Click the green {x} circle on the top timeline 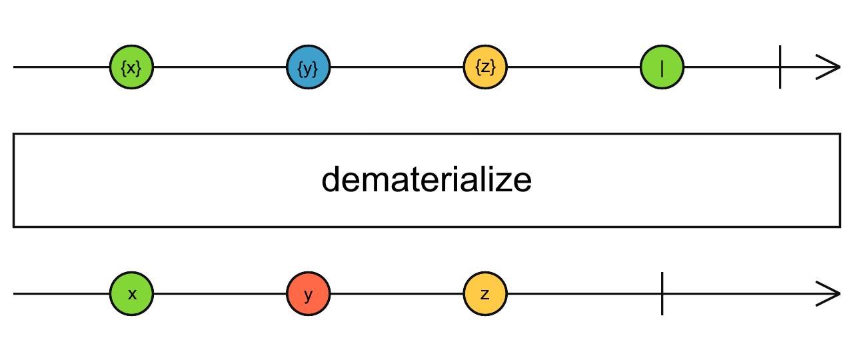[132, 67]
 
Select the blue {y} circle [309, 67]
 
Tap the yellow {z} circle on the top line [485, 67]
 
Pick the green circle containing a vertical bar [662, 67]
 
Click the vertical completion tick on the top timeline [780, 67]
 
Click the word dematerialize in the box [426, 181]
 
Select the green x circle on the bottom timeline [132, 293]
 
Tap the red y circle [309, 293]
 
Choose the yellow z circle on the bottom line [485, 293]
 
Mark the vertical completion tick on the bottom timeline [662, 293]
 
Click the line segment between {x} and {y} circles [220, 67]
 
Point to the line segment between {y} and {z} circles [397, 67]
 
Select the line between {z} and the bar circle [573, 67]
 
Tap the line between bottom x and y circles [220, 293]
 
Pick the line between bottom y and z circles [397, 293]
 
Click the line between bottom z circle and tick [583, 293]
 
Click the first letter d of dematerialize [331, 181]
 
